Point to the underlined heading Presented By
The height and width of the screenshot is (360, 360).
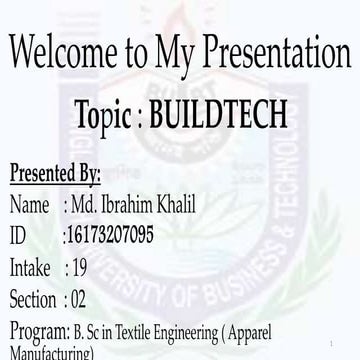tap(55, 173)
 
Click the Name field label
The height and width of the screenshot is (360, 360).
tap(29, 205)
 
